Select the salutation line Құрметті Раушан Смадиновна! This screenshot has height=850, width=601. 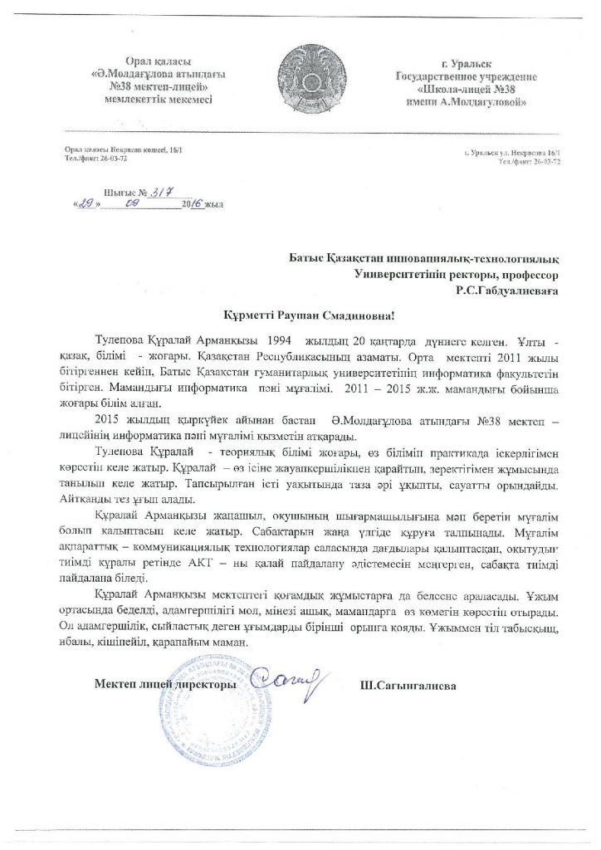pos(300,316)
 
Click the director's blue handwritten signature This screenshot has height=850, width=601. pos(287,684)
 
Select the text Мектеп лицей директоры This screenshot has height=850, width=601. pos(161,686)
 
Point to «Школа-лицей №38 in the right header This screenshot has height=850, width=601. pos(473,89)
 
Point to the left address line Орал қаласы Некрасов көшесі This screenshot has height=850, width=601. pos(115,148)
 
